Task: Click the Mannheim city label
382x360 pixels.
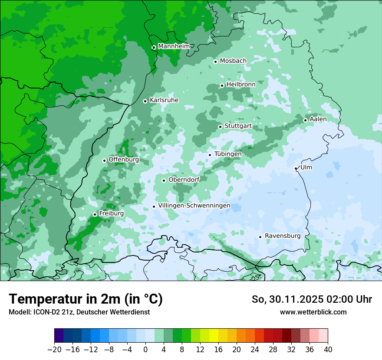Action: click(173, 46)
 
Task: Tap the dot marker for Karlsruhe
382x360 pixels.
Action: click(145, 101)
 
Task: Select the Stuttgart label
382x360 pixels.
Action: click(238, 126)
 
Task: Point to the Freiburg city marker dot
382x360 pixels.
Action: click(95, 214)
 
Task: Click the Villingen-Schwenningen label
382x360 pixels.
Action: click(194, 206)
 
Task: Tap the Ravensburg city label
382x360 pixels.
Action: click(282, 236)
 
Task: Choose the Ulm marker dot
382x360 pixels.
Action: click(296, 168)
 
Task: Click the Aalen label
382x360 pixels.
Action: click(318, 119)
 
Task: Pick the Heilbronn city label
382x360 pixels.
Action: click(240, 84)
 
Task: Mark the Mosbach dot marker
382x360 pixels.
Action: click(215, 62)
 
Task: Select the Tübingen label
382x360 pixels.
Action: click(227, 154)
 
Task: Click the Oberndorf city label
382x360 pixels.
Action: click(184, 180)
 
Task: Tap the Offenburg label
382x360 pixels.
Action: click(123, 160)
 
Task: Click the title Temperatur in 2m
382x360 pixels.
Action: click(86, 299)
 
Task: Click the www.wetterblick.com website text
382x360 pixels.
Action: click(313, 312)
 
